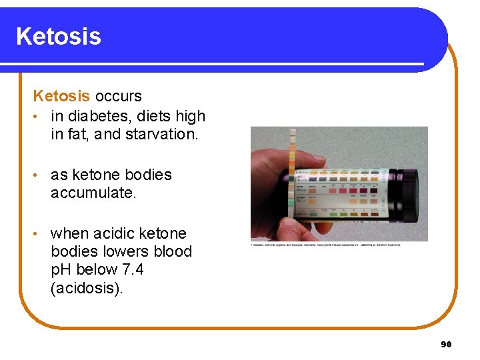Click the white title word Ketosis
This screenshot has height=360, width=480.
tap(59, 36)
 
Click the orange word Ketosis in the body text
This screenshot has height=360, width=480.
tap(61, 97)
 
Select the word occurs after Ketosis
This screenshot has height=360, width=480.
tap(118, 97)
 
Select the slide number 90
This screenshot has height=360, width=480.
tap(446, 344)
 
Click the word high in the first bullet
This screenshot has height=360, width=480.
tap(189, 116)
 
